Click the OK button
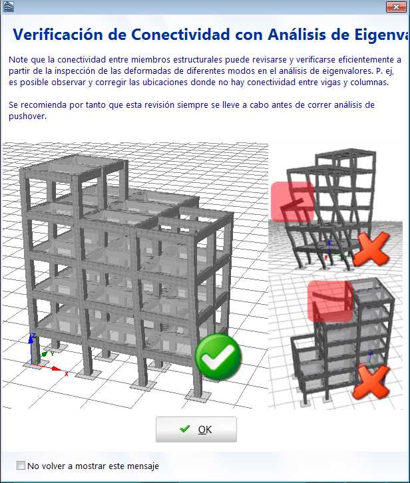coord(196,429)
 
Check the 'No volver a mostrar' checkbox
coord(21,466)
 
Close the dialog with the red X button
coord(396,7)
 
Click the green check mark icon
coord(218,357)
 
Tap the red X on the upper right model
coord(371,249)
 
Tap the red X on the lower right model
coord(371,382)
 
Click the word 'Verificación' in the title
coord(58,35)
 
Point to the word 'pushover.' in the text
coord(27,116)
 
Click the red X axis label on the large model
coord(67,374)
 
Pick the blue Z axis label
coord(33,335)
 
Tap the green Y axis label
coord(53,354)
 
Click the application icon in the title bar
coord(8,7)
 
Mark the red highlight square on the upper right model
coord(293,202)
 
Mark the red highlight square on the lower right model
coord(330,301)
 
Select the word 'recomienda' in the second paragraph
coord(44,105)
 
